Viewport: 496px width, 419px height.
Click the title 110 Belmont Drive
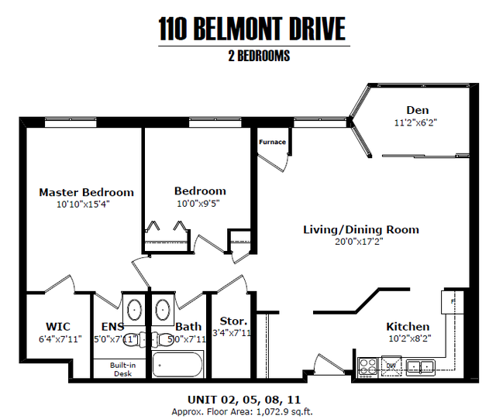coord(252,29)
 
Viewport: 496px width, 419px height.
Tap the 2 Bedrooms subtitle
coord(259,56)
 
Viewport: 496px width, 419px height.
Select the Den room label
coord(418,110)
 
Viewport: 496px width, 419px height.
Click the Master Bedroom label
coord(86,192)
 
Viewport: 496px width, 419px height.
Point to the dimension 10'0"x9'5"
coord(198,204)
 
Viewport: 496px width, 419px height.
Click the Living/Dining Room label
coord(361,229)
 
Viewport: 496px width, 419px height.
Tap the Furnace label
coord(272,142)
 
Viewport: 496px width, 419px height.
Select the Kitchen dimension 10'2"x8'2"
coord(410,338)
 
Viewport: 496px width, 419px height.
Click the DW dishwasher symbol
coord(391,366)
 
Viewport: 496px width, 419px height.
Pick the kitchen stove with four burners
coord(368,367)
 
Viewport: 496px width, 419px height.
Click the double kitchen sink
coord(421,367)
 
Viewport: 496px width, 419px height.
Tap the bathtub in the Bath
coord(177,364)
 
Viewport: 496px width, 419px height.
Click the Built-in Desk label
coord(122,369)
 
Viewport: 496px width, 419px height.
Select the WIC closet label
coord(58,326)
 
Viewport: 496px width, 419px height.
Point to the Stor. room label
coord(233,321)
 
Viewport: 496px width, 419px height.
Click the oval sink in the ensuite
coord(134,309)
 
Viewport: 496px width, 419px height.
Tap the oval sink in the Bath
coord(163,309)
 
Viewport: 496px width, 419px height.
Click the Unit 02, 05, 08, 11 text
coord(244,400)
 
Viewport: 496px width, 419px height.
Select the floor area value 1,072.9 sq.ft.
coord(284,412)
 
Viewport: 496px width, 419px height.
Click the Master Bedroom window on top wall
coord(71,122)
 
